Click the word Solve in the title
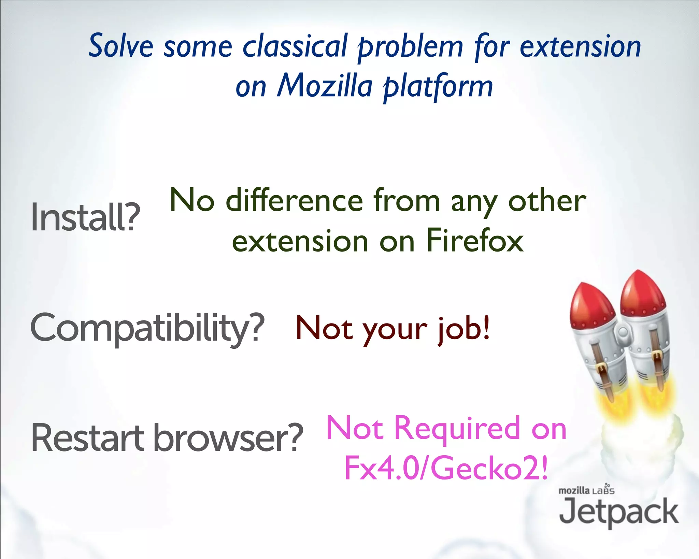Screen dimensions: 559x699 coord(121,46)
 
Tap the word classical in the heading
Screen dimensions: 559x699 coord(295,46)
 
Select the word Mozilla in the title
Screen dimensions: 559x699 coord(324,86)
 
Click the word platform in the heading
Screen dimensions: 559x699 coord(438,87)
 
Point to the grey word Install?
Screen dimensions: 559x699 coord(85,217)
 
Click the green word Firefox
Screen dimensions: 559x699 coord(475,241)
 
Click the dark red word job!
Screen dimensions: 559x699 coord(464,328)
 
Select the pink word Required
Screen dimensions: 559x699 coord(457,428)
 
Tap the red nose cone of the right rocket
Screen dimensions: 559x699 coord(642,290)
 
